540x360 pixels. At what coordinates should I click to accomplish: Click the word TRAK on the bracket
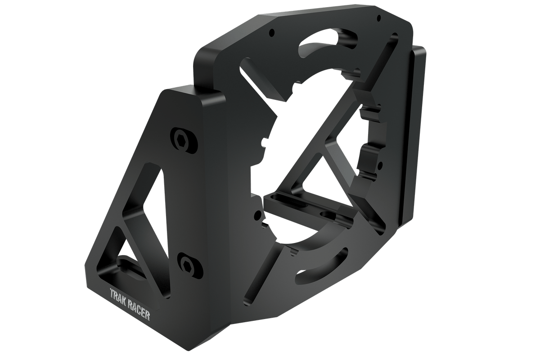point(118,295)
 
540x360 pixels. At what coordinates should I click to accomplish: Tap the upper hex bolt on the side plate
point(182,139)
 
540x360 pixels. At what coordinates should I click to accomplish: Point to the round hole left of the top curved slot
point(271,34)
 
